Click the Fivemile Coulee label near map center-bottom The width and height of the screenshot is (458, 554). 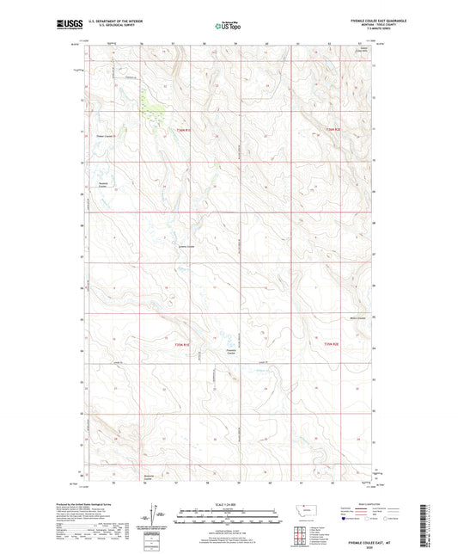pos(230,353)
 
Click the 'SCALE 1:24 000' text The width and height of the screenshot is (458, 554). pos(229,504)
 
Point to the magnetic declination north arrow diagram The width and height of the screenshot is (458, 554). pos(156,516)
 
